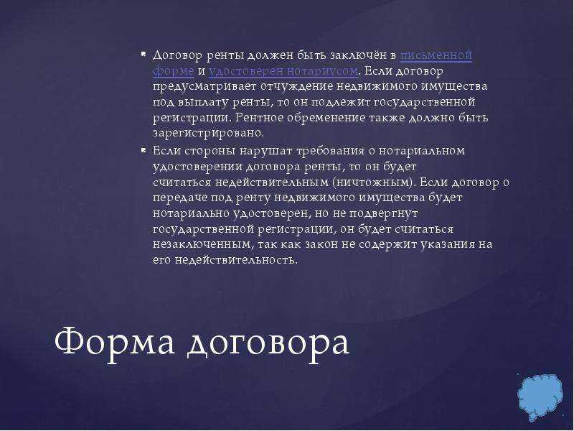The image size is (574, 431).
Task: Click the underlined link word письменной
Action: click(436, 55)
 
